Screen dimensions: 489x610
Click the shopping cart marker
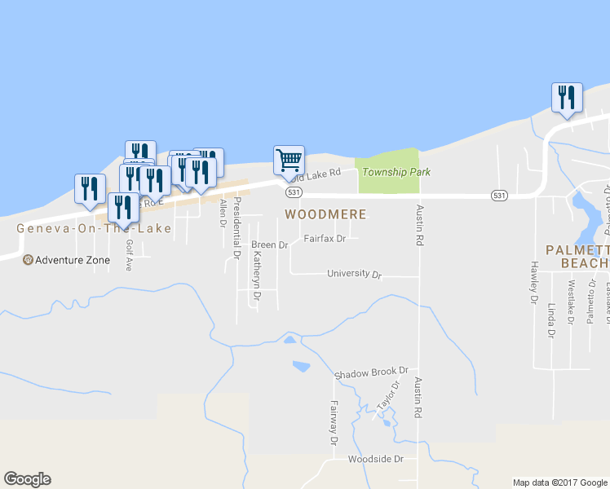[289, 160]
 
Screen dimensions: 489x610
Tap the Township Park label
[396, 172]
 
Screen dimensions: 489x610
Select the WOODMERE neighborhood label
[325, 214]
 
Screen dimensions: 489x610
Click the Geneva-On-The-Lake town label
[95, 229]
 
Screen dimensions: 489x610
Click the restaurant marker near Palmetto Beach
[567, 98]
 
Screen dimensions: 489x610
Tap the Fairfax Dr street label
[325, 240]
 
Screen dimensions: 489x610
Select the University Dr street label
[354, 275]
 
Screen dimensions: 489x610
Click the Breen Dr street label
[270, 245]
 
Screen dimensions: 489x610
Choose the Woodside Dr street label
[376, 460]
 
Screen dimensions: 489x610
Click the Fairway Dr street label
[334, 423]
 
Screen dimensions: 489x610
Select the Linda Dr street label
[552, 320]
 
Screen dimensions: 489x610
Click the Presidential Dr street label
[237, 227]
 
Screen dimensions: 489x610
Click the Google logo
[27, 479]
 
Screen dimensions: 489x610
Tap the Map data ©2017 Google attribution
[559, 482]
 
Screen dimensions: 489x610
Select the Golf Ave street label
[128, 255]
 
